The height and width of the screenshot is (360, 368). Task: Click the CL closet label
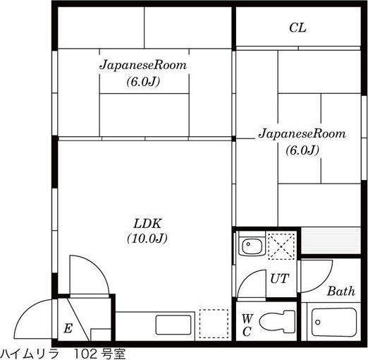click(298, 28)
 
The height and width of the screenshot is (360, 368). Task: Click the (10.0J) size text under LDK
click(147, 238)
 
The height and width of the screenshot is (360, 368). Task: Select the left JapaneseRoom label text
click(142, 65)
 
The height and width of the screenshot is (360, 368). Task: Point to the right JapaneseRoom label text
click(302, 133)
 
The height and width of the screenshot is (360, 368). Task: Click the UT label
click(279, 278)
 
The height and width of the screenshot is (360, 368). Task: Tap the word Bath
click(341, 291)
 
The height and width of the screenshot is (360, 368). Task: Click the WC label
click(247, 325)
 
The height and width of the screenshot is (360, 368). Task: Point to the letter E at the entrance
click(68, 328)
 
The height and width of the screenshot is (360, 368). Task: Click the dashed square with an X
click(281, 247)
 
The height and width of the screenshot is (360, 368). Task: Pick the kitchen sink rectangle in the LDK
click(174, 325)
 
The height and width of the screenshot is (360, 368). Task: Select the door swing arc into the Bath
click(317, 272)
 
